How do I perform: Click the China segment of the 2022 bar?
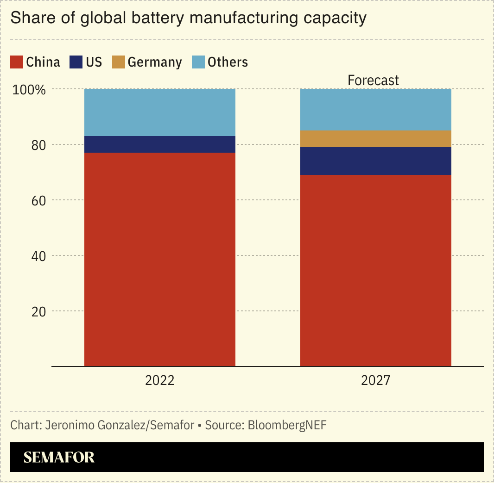[159, 259]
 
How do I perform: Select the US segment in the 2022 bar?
[159, 144]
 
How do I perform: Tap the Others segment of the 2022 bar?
[159, 112]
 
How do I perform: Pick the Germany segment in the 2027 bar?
[376, 139]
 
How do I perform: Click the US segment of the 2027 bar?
[376, 161]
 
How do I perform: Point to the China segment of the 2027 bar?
[376, 270]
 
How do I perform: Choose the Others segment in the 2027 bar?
[376, 109]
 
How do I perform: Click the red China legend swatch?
[17, 62]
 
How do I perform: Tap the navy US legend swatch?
[76, 62]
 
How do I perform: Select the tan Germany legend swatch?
[119, 62]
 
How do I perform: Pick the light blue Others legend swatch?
[198, 62]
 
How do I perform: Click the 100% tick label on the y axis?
[29, 89]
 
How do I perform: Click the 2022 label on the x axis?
[159, 380]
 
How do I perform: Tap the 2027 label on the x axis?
[376, 380]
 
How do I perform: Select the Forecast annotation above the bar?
[373, 80]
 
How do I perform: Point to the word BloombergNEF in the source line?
[287, 425]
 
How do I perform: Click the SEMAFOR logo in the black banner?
[59, 457]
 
